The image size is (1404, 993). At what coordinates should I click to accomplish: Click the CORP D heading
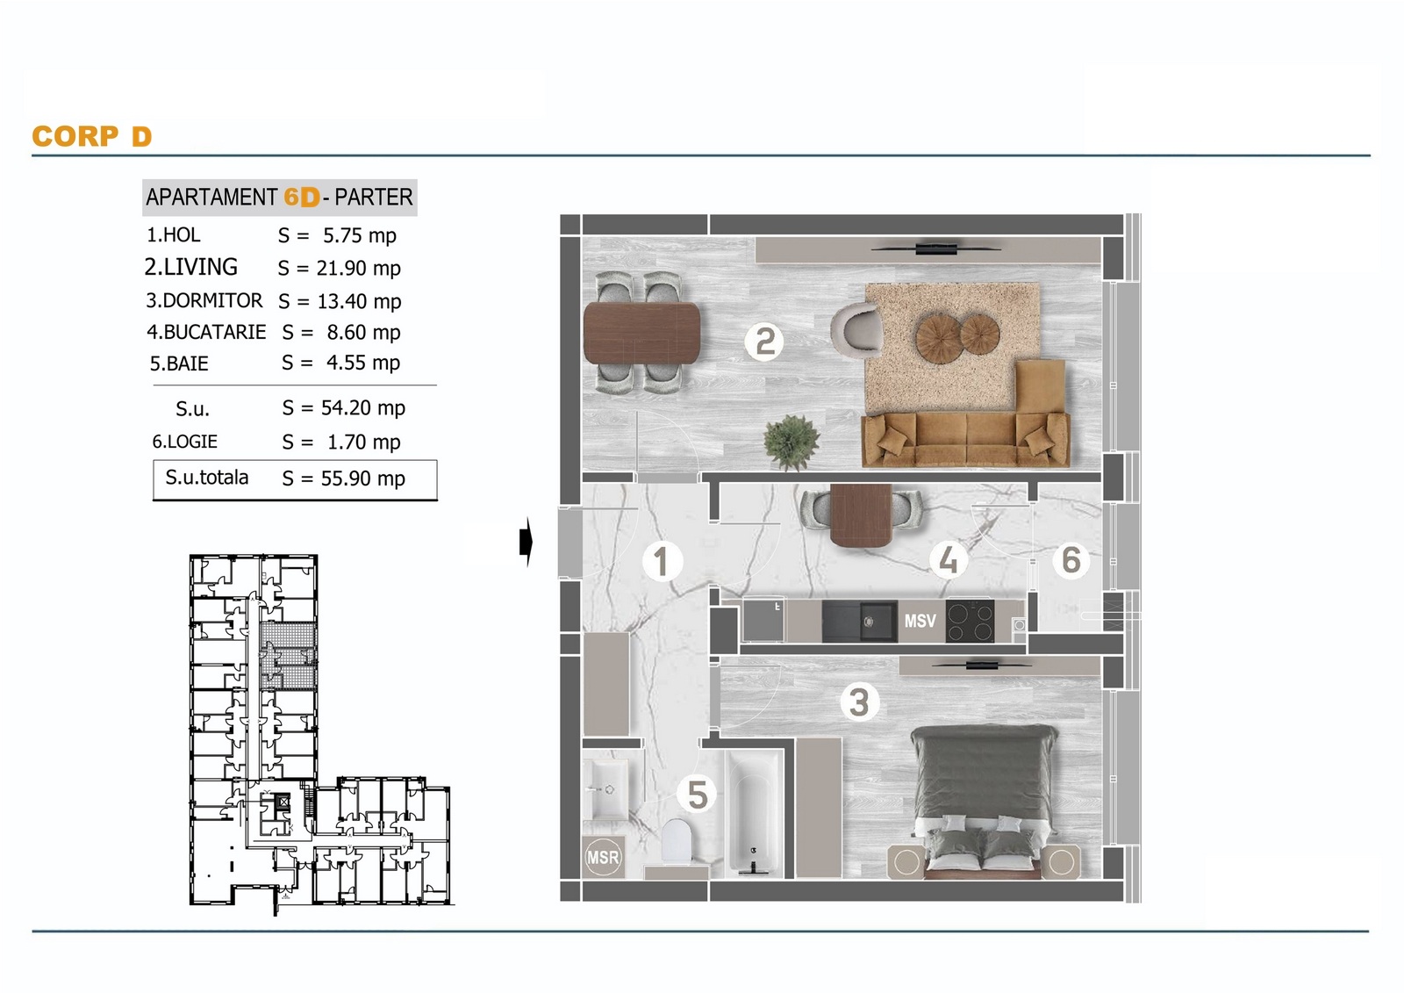[92, 136]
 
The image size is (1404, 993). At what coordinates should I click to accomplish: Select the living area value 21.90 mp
[359, 269]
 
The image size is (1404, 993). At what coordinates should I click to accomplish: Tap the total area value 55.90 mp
[363, 479]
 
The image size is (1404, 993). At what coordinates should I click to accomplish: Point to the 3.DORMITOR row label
[204, 300]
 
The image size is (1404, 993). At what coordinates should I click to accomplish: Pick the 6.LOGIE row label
[185, 442]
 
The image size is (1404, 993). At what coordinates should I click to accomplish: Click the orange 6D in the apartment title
[302, 197]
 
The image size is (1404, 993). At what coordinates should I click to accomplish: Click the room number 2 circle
[764, 342]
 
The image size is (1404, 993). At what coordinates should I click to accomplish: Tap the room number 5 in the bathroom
[697, 795]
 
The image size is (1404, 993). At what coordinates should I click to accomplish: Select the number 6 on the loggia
[1071, 559]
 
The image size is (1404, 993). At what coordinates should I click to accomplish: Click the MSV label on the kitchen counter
[920, 621]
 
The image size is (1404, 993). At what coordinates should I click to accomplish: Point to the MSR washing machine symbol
[603, 857]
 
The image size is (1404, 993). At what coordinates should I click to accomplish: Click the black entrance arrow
[526, 542]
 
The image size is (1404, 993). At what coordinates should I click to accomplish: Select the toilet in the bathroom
[677, 840]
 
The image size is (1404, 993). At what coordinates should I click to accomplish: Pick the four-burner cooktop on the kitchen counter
[970, 621]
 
